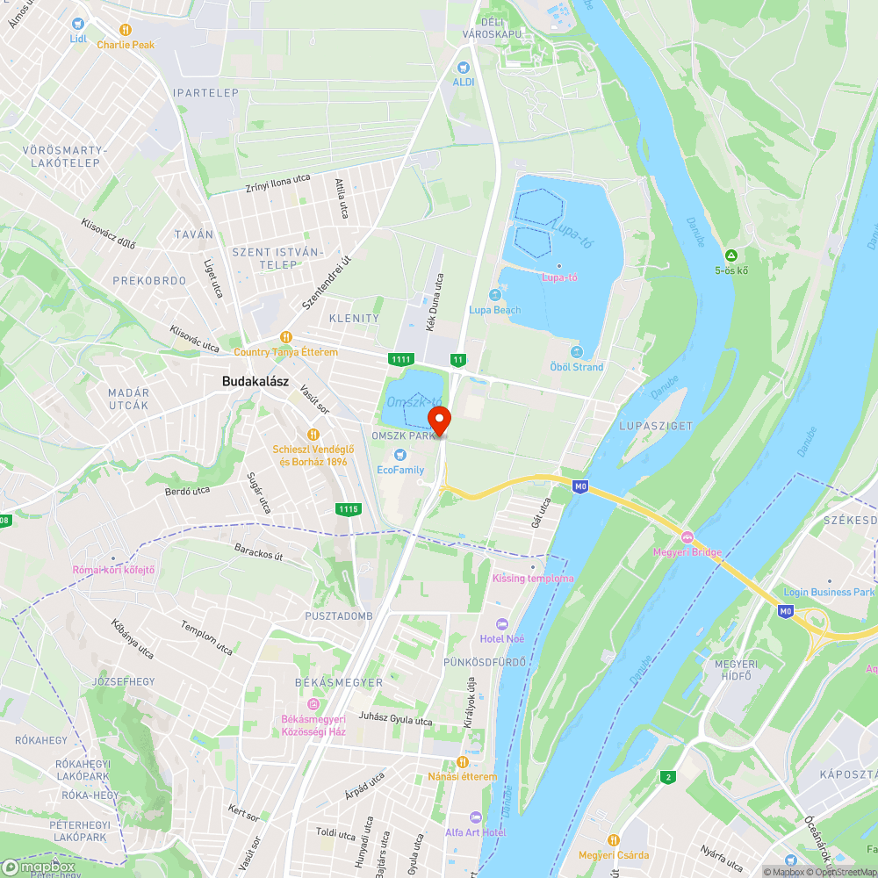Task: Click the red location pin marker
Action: point(438,419)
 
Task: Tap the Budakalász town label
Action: point(255,381)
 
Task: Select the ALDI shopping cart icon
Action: point(463,67)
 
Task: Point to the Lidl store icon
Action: point(78,24)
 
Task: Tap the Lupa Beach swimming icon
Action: point(494,295)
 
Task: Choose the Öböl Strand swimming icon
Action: point(576,352)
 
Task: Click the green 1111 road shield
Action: point(401,359)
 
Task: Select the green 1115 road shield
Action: point(348,508)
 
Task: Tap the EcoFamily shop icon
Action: point(400,455)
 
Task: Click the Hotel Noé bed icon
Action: point(502,623)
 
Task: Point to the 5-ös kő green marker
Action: point(730,255)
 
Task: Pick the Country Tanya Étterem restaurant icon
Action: point(285,337)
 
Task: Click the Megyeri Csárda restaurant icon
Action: point(614,840)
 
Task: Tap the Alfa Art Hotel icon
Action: point(475,817)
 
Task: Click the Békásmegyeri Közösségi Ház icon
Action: point(313,704)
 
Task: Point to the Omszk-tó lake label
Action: point(414,399)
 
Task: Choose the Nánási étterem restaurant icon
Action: point(462,761)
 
